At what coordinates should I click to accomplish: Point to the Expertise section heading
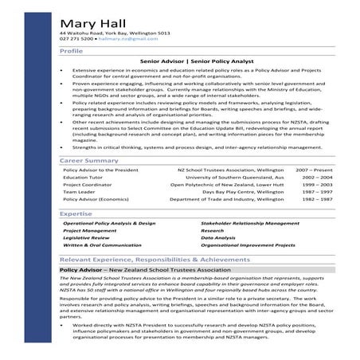pyautogui.click(x=76, y=214)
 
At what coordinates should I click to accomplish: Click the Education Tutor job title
pyautogui.click(x=82, y=178)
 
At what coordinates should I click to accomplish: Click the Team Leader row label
pyautogui.click(x=79, y=193)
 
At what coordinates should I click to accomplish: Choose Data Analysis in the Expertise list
pyautogui.click(x=218, y=238)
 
